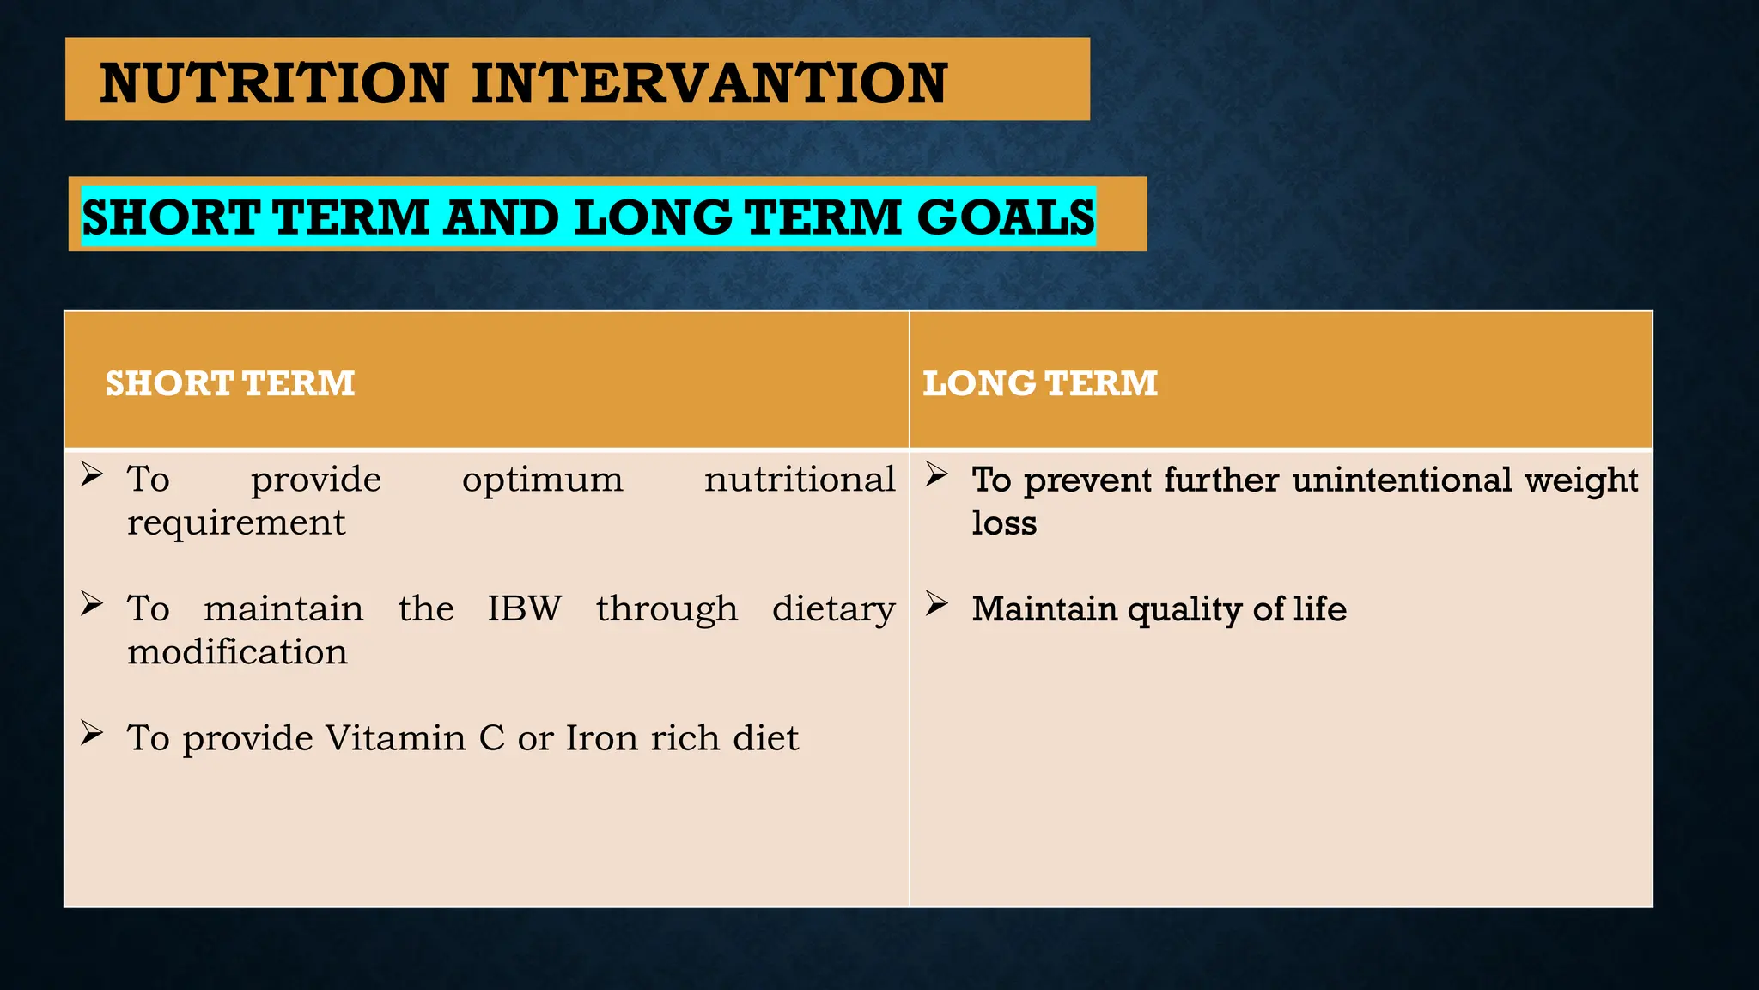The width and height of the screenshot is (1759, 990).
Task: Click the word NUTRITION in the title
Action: click(274, 83)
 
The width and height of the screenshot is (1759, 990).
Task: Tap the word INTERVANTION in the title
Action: click(709, 83)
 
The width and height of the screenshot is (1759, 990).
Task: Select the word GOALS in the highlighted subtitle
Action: click(1006, 217)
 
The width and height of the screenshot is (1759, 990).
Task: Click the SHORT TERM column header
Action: click(230, 383)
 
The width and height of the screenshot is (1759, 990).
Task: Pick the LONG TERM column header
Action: click(1040, 383)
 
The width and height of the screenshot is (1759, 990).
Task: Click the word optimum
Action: click(542, 480)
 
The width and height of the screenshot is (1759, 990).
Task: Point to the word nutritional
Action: click(800, 480)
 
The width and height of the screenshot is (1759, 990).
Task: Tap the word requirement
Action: click(236, 522)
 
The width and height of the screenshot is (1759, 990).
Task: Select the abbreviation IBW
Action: click(524, 608)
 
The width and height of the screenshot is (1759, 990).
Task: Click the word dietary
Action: click(833, 609)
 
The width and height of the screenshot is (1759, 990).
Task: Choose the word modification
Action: click(238, 652)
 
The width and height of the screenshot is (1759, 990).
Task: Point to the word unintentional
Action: click(1402, 480)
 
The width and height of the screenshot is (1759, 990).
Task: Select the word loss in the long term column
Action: click(1004, 522)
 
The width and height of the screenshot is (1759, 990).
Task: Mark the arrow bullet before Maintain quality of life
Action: click(936, 604)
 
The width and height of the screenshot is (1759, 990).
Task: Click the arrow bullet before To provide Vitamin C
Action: click(92, 733)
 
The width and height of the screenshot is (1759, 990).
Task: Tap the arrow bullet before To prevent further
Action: click(936, 474)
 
